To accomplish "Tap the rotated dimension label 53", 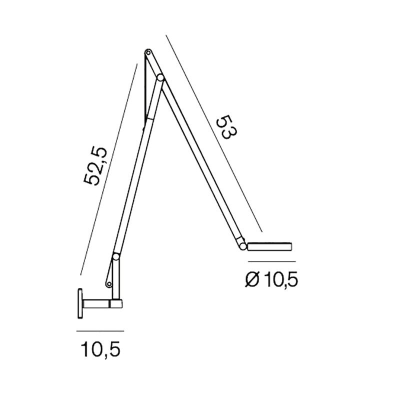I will tap(225, 127).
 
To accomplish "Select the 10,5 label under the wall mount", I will tap(100, 348).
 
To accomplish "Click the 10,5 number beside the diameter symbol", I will tap(280, 280).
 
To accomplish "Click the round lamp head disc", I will tap(270, 246).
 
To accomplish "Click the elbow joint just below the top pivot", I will tap(159, 78).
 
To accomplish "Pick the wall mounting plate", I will tap(80, 303).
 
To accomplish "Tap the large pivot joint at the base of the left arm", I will tap(116, 257).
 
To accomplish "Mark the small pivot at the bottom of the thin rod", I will tap(108, 284).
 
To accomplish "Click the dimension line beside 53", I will tap(215, 135).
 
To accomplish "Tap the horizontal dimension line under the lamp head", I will tap(272, 261).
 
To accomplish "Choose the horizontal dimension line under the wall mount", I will tap(100, 331).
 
